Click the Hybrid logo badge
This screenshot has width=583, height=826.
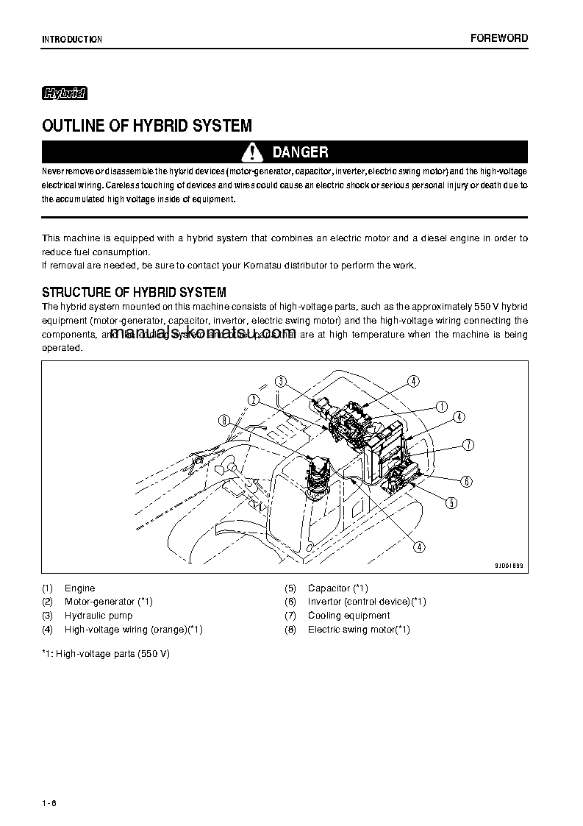(x=65, y=93)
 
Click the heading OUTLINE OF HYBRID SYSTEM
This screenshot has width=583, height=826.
(x=147, y=126)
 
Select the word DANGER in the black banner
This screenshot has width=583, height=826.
(x=300, y=152)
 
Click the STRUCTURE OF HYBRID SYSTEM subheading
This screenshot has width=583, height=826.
(x=134, y=292)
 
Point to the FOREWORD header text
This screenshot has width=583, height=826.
(x=498, y=38)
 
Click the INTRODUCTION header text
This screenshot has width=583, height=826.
(x=72, y=40)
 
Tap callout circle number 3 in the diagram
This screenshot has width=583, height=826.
(x=280, y=381)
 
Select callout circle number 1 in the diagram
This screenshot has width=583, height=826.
(x=441, y=406)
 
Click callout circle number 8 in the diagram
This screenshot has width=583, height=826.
(x=224, y=421)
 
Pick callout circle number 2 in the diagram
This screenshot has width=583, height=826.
(x=253, y=399)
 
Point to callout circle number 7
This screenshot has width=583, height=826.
(x=468, y=444)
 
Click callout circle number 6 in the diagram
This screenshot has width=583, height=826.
(x=466, y=482)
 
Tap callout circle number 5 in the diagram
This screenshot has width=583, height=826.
(x=451, y=503)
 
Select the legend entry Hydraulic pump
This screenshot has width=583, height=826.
(x=99, y=616)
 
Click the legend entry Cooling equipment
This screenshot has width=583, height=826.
(x=348, y=616)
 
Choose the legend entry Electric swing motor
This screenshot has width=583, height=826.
(x=358, y=630)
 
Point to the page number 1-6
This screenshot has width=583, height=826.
(x=49, y=801)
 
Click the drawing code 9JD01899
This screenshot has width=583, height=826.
(x=508, y=566)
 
